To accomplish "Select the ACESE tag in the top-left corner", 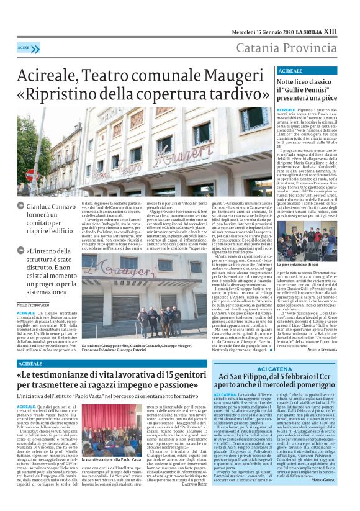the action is [24, 48].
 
